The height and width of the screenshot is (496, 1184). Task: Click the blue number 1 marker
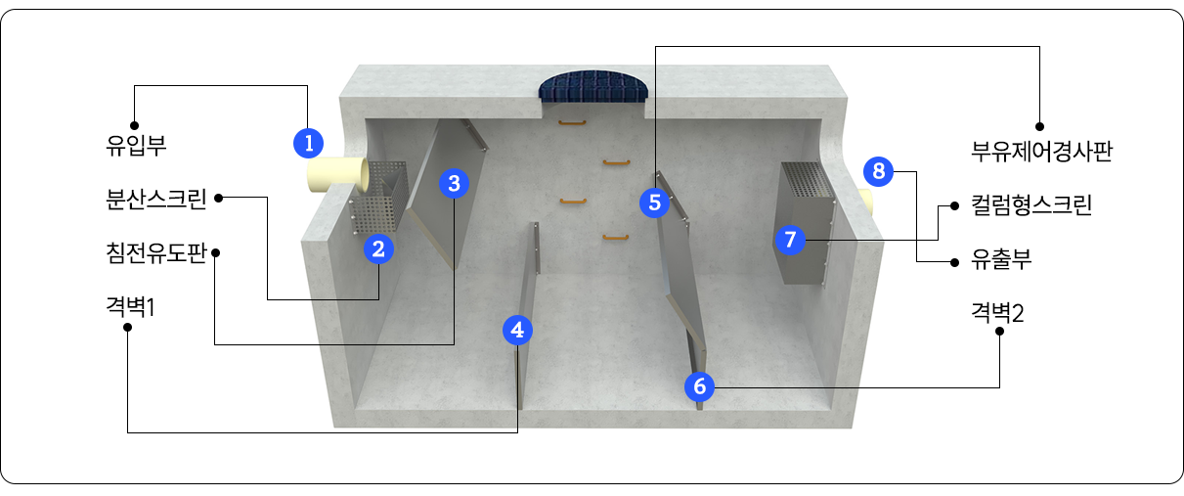(309, 143)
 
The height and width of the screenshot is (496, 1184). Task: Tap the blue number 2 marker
(378, 249)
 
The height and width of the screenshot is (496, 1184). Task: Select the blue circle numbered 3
(454, 184)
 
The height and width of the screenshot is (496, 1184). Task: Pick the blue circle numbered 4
(517, 330)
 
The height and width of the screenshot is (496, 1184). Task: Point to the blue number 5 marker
(654, 203)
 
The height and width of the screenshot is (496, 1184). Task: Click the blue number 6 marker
(699, 386)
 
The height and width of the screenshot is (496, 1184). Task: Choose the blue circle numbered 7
(790, 240)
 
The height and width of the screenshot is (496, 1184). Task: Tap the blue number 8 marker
(879, 171)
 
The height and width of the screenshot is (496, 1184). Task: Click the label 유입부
(136, 146)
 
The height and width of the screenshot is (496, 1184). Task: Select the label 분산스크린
(156, 200)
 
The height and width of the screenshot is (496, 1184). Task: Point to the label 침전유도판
(156, 252)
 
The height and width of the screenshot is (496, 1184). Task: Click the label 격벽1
(131, 306)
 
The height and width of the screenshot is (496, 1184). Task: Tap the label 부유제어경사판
(1042, 152)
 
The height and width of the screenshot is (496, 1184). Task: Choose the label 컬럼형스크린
(1031, 204)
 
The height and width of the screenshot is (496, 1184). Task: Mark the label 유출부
(1001, 259)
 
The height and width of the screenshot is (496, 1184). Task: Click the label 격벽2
(997, 312)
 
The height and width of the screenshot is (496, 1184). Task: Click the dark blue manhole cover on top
(593, 86)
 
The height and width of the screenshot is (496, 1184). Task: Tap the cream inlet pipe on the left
(337, 174)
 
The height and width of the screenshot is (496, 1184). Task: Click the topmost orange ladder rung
(572, 123)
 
